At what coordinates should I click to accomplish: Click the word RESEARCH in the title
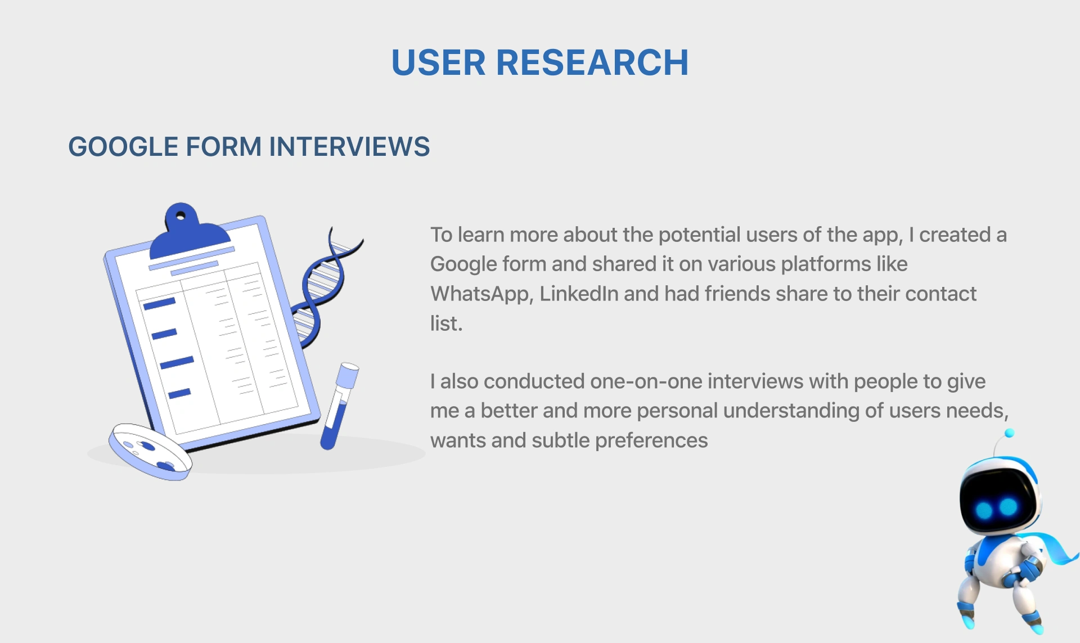click(592, 62)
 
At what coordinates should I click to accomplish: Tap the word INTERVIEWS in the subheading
click(349, 147)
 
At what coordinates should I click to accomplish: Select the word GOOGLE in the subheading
click(123, 147)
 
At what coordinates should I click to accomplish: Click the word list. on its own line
click(446, 323)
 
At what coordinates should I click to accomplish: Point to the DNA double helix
click(325, 287)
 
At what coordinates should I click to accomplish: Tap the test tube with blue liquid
click(340, 406)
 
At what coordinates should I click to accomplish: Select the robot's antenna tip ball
click(1009, 433)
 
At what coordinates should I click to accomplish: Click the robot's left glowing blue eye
click(984, 510)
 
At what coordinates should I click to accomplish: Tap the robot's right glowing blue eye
click(1009, 507)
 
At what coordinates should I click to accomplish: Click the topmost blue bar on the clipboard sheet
click(160, 304)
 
